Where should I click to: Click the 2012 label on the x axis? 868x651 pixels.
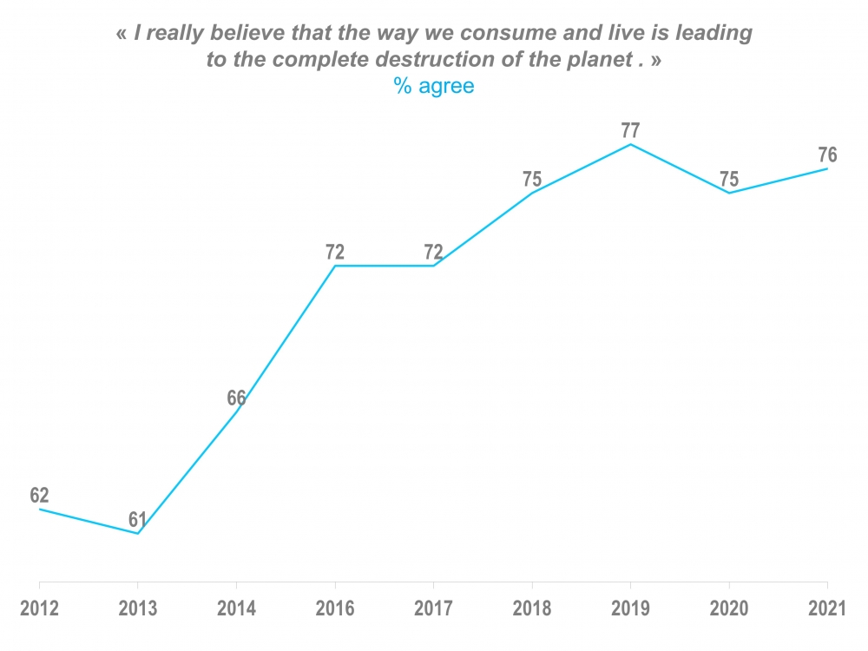(x=39, y=608)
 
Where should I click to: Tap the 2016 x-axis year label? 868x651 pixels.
(x=335, y=608)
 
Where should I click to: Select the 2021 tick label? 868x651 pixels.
(x=827, y=608)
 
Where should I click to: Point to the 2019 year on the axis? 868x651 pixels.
(x=630, y=608)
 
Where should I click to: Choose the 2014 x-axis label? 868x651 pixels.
(x=236, y=608)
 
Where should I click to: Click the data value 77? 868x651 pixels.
(x=630, y=131)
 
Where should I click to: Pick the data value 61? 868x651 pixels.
(x=138, y=520)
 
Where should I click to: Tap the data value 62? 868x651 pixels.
(x=39, y=496)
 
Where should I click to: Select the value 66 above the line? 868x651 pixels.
(x=236, y=398)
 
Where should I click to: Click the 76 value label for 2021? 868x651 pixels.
(x=827, y=155)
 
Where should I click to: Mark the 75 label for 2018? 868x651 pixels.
(x=532, y=180)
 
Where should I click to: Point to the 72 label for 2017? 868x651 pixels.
(x=433, y=253)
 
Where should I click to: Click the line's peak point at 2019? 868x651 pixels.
(x=630, y=144)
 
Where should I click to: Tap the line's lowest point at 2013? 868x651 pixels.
(x=138, y=533)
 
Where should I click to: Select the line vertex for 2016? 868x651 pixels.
(x=335, y=266)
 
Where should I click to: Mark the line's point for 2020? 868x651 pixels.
(x=729, y=193)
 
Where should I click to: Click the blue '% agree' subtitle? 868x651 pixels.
(x=434, y=87)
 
